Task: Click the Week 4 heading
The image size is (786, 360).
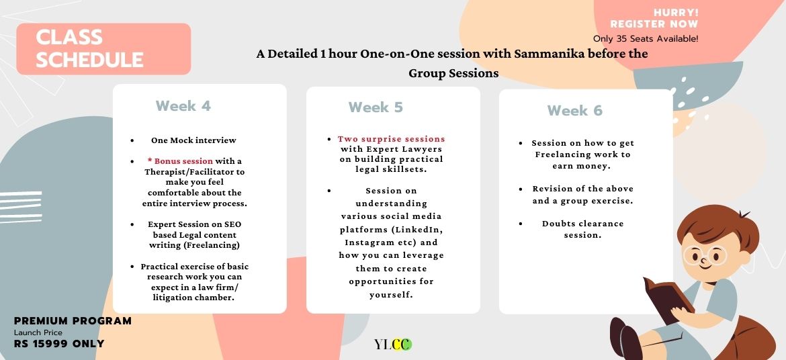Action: point(183,106)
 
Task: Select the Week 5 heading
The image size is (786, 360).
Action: point(376,107)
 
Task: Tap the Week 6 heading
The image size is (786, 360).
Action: point(574,110)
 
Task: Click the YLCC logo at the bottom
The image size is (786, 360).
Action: point(393,345)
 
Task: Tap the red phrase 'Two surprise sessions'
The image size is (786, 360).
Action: point(392,139)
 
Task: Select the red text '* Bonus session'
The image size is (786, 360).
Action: point(181,161)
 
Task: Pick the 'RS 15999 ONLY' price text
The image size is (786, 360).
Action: point(59,344)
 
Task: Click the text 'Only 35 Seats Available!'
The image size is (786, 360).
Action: point(646,38)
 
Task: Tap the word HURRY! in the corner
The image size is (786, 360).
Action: point(676,13)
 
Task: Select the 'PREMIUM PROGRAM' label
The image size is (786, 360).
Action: point(73,321)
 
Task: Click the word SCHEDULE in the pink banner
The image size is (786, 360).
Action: point(90,60)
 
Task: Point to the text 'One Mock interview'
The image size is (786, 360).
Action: point(193,140)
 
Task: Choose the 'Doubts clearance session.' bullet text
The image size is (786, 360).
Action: point(582,229)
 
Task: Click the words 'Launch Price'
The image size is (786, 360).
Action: point(38,332)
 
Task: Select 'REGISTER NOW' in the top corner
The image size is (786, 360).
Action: point(654,24)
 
